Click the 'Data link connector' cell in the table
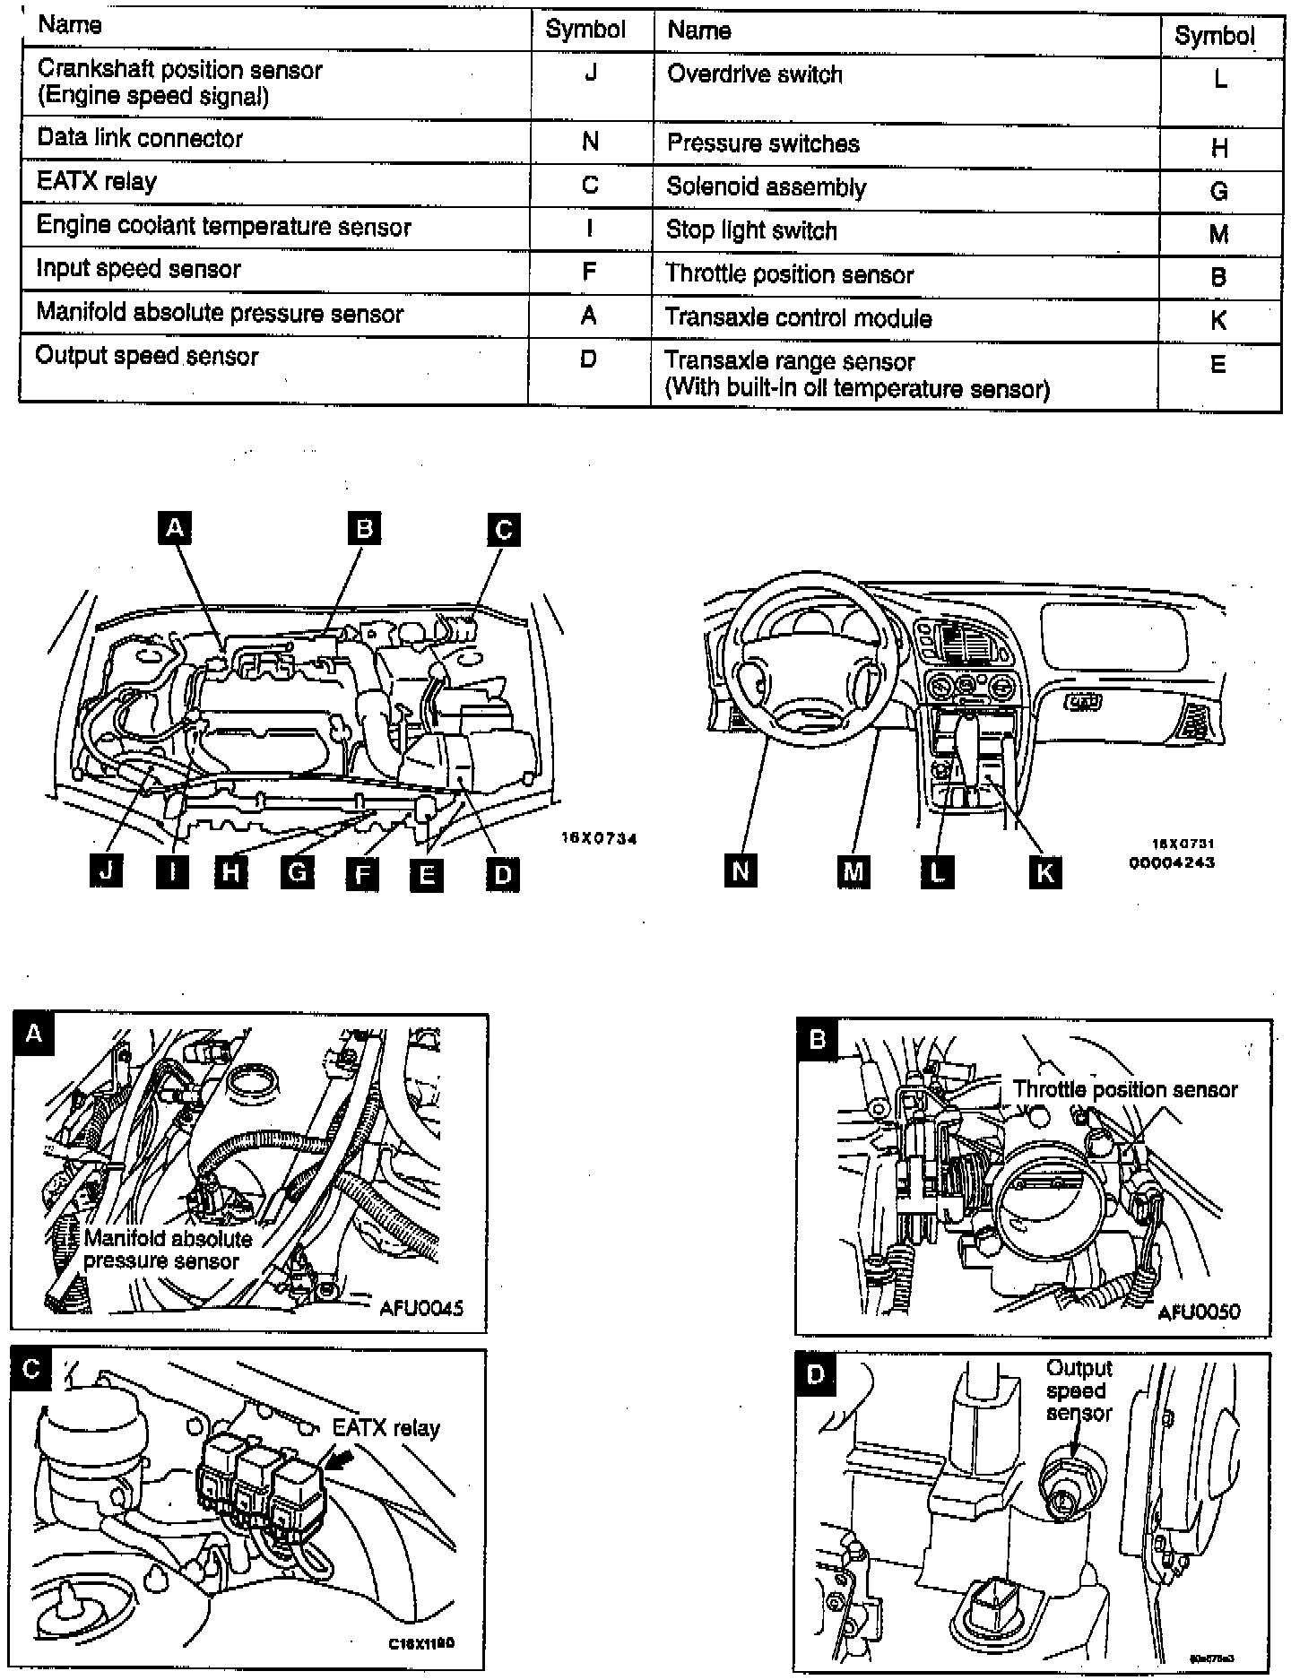(x=140, y=139)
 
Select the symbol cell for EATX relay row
(x=589, y=185)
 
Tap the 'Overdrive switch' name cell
(x=755, y=74)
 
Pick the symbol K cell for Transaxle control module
(x=1217, y=320)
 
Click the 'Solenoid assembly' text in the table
(x=767, y=187)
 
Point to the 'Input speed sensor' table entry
(x=139, y=269)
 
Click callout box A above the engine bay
(x=174, y=528)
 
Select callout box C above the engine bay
(x=504, y=530)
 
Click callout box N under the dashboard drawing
(x=741, y=870)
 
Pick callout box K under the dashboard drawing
(x=1044, y=871)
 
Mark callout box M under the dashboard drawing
(x=853, y=871)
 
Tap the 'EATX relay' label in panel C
(x=386, y=1427)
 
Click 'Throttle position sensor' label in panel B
(x=1124, y=1089)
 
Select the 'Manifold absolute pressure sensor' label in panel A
(x=169, y=1250)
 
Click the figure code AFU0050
(x=1199, y=1312)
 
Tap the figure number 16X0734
(x=599, y=839)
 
